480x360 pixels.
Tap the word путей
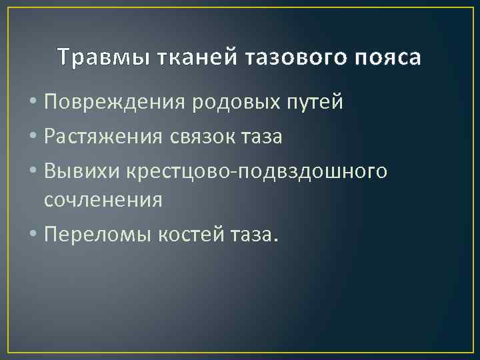[319, 103]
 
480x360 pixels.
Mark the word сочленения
[103, 200]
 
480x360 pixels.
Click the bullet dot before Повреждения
[34, 103]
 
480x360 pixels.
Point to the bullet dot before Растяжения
[34, 137]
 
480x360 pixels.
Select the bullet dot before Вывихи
[34, 170]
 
